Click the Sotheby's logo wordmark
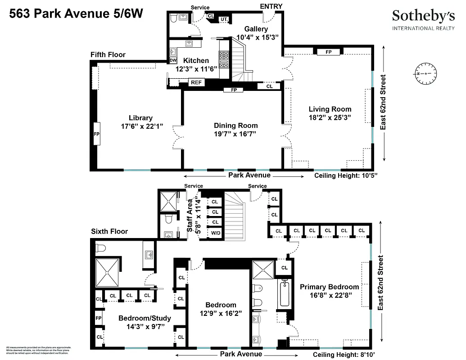[x=423, y=16]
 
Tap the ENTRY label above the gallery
[x=271, y=6]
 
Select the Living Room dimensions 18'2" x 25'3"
[x=330, y=117]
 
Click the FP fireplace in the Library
[x=96, y=134]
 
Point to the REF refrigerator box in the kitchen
[x=196, y=82]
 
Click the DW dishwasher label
[x=173, y=61]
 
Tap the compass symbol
[x=425, y=73]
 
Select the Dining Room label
[x=235, y=126]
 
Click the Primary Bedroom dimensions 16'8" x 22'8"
[x=330, y=295]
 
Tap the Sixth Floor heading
[x=109, y=231]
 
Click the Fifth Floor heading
[x=108, y=55]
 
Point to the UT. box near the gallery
[x=224, y=19]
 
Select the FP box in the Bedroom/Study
[x=99, y=318]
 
